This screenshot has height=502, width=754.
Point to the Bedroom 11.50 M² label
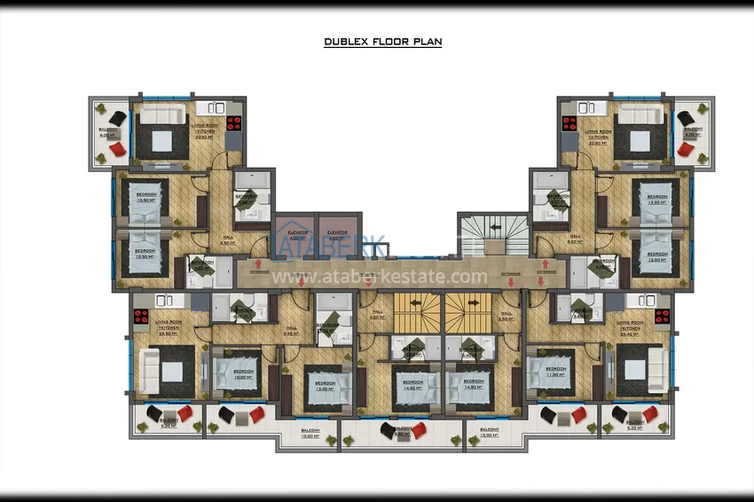coord(555,371)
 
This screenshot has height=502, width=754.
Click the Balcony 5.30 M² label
coord(168,424)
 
